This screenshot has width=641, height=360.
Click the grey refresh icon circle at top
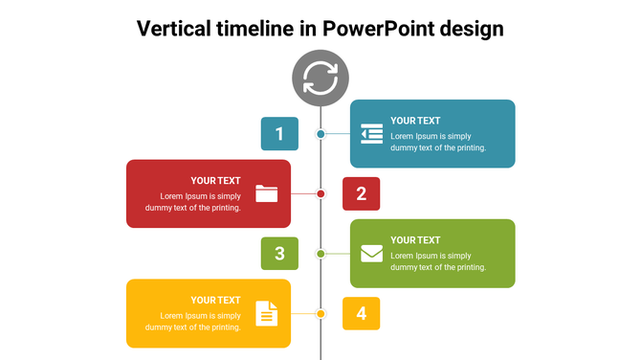320,78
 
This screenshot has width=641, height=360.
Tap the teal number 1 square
279,134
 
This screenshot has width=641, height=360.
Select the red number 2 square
362,193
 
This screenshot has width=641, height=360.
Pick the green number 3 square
279,254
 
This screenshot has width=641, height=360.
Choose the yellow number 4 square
362,313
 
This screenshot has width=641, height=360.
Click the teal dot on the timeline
320,134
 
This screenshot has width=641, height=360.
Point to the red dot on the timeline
321,193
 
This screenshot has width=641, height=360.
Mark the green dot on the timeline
320,254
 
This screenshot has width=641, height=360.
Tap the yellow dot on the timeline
321,313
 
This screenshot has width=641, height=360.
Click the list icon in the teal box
372,134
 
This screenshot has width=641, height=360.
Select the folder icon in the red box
267,193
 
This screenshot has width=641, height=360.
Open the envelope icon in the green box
372,254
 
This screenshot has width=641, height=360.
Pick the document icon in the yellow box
267,313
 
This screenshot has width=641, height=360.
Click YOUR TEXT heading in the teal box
415,121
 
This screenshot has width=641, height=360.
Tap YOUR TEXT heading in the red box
215,180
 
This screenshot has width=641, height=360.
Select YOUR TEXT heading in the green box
415,240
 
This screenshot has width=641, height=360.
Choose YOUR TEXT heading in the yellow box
215,300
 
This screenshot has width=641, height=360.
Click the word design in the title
472,29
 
